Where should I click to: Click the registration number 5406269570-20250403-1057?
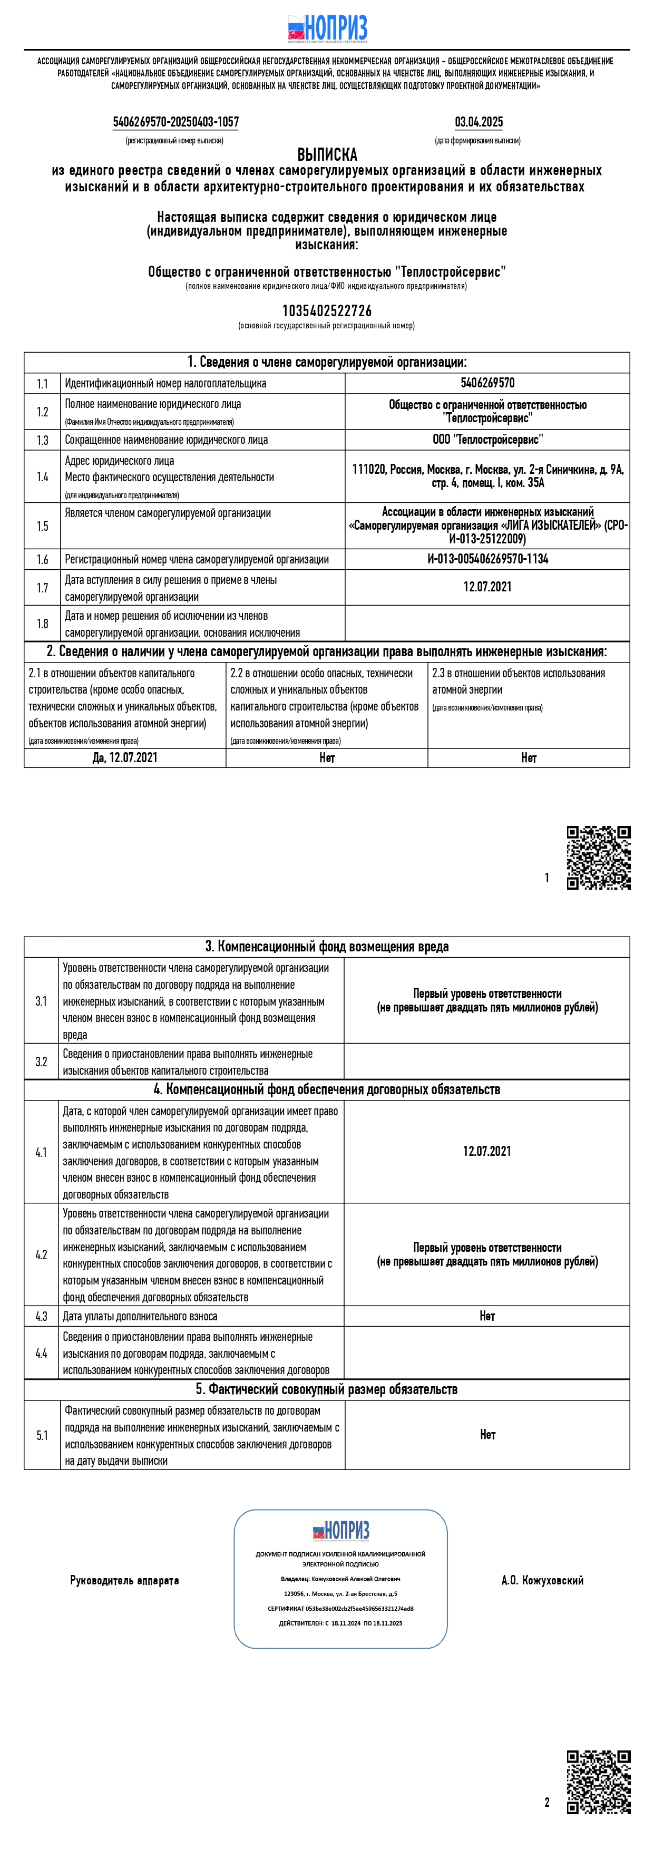[176, 122]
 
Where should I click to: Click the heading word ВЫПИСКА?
[327, 154]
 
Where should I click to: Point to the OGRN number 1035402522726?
[327, 311]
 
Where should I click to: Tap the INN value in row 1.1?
[487, 383]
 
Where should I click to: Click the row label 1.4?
[42, 476]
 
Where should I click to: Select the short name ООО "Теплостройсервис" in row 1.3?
[487, 439]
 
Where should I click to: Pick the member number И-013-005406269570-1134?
[487, 559]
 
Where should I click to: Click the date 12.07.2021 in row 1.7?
[487, 587]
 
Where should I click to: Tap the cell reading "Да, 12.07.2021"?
[125, 758]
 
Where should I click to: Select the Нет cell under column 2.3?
[529, 758]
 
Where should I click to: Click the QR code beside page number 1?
[598, 858]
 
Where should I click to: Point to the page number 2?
[547, 1802]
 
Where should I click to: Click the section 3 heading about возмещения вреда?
[327, 947]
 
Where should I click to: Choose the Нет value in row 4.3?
[487, 1316]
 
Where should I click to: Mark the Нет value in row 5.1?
[487, 1434]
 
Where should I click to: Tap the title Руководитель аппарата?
[124, 1580]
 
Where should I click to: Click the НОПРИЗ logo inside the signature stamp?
[341, 1530]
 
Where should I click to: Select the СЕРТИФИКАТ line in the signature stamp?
[340, 1609]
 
